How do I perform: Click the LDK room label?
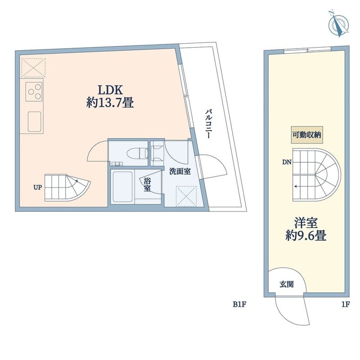point(110,90)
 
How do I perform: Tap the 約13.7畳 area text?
point(110,103)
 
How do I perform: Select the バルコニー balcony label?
point(208,124)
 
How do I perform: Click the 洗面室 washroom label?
point(180,171)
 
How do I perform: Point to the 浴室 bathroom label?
point(147,184)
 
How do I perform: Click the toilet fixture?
point(137,153)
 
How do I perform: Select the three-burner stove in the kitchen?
point(34,92)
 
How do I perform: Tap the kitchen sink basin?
point(35,121)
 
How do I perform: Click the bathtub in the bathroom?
point(123,186)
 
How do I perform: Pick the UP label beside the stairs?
point(38,188)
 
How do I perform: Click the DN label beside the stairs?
point(287,162)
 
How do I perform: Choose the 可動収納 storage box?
point(307,135)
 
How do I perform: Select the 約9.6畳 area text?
point(306,235)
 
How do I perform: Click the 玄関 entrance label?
point(287,284)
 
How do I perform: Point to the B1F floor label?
point(240,305)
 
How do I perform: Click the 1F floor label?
point(346,305)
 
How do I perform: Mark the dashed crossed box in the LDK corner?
point(33,68)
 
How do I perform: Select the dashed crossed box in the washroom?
point(186,196)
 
